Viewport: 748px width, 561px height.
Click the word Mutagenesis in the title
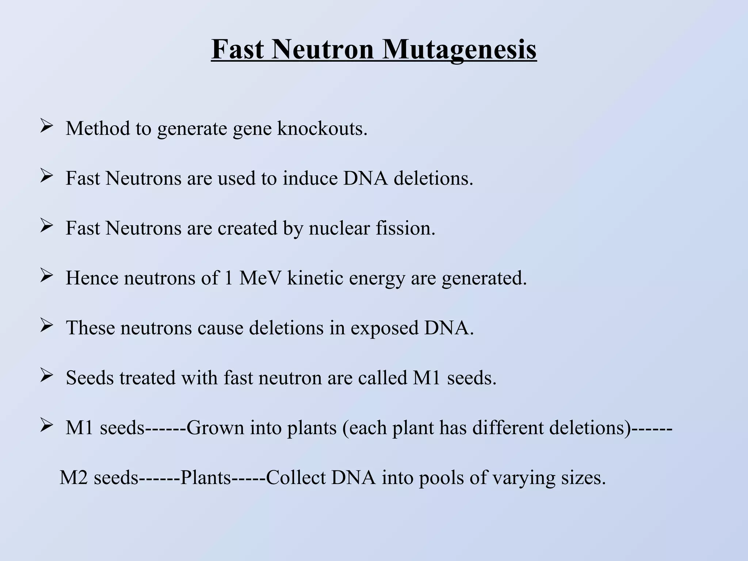459,50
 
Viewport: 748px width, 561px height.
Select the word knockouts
322,129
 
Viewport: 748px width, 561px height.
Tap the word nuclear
340,228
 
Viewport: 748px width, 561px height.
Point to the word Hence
92,278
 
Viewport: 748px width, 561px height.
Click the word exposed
385,328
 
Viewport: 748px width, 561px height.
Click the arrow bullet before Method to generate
46,127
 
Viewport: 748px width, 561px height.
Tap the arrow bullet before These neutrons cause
46,327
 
